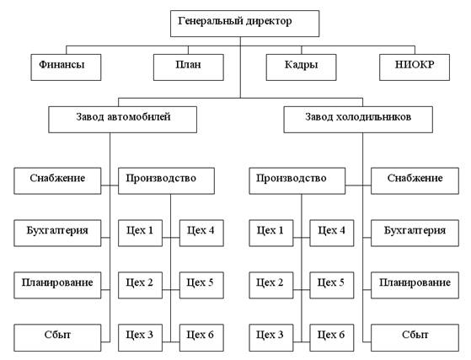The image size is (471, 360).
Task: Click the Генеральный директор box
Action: click(244, 24)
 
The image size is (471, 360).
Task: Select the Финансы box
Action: click(66, 67)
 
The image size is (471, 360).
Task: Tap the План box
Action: click(189, 67)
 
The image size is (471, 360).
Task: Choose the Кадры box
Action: click(301, 67)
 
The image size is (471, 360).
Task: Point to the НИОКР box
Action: click(415, 67)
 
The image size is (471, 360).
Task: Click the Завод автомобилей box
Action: click(122, 120)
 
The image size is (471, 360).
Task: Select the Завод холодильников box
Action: click(358, 120)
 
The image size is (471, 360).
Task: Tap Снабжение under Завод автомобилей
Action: click(57, 181)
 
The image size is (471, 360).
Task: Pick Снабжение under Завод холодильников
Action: click(415, 181)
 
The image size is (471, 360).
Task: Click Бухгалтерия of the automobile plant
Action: click(57, 234)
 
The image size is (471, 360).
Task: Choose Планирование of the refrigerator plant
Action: click(415, 286)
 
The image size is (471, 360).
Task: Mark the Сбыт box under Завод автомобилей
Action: click(57, 338)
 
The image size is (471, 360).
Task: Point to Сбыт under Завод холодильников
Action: click(415, 338)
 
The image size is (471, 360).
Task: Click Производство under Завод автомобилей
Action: click(166, 181)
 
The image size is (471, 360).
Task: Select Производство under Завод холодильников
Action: click(297, 181)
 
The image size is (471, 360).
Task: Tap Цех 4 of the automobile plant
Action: click(201, 234)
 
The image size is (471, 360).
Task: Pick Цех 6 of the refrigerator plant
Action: click(332, 338)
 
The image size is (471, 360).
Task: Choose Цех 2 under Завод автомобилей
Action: click(140, 286)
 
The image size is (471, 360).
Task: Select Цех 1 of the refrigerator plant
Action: click(271, 234)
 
